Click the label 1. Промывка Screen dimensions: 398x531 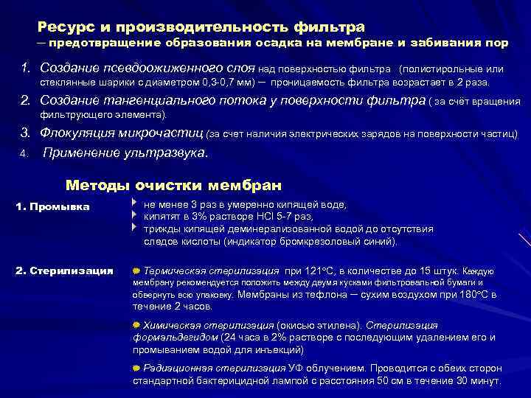[52, 206]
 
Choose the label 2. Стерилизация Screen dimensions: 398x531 [64, 271]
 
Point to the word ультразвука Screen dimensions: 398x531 [171, 154]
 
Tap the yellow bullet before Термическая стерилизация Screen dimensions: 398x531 [136, 271]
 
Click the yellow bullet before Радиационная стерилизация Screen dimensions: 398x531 [136, 369]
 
